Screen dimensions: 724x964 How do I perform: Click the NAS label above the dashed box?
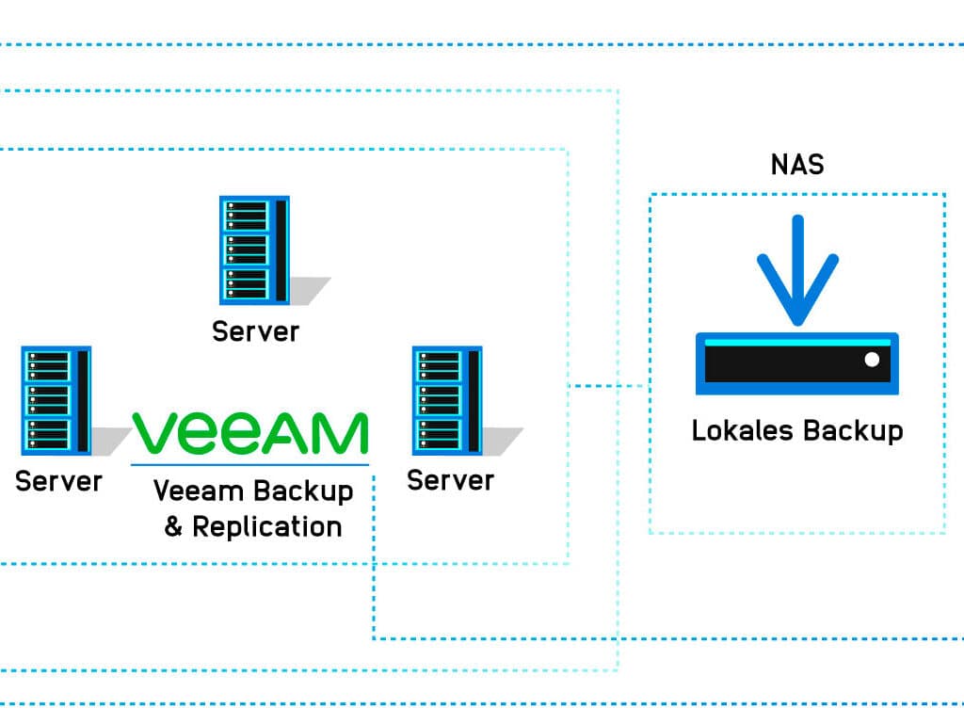(x=797, y=165)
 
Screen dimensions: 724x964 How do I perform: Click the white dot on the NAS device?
(x=872, y=360)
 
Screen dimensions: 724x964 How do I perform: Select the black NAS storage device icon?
(x=796, y=363)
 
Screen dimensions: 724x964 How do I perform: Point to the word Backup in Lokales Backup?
(x=852, y=431)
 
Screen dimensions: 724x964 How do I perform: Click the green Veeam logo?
(x=249, y=433)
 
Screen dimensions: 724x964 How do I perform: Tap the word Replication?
(x=267, y=526)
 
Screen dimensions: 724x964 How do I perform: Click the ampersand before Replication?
(x=173, y=526)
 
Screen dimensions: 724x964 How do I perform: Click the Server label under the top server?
(x=255, y=331)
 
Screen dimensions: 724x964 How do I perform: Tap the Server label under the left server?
(x=58, y=481)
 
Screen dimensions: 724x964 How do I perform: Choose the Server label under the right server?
(x=450, y=480)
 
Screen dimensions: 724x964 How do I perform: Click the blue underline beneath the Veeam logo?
(x=249, y=464)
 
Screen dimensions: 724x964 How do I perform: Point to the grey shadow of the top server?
(x=309, y=290)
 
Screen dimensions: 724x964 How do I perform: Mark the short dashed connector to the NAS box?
(x=608, y=385)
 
